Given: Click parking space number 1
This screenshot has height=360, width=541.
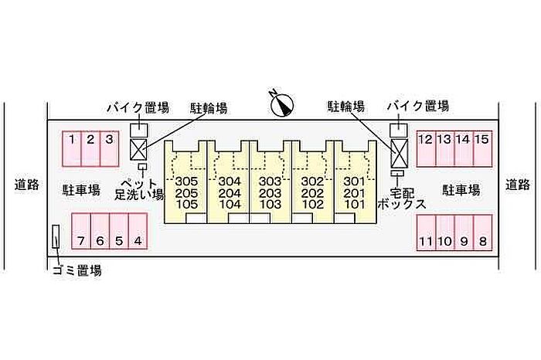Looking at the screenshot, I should (71, 140).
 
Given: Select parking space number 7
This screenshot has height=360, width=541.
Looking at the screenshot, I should (81, 241).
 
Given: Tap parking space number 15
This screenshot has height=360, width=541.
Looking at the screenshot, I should (481, 140).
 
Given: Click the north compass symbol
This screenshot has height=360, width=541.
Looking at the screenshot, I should (282, 103).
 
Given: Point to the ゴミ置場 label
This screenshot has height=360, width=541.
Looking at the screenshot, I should (77, 270).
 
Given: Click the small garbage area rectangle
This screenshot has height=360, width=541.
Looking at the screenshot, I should (56, 238).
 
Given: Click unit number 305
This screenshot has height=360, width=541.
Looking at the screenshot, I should (187, 182).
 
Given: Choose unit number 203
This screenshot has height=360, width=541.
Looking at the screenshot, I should (270, 193).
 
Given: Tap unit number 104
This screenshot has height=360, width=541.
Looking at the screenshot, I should (230, 205).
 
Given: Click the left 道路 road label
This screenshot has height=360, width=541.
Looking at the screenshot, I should (26, 185).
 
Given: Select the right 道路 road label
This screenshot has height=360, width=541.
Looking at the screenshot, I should (518, 185).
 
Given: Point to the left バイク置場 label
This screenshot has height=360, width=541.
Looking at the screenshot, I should (138, 107).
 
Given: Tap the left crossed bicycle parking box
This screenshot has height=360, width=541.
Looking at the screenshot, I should (139, 149).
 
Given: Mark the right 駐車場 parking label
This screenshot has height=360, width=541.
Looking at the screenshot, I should (461, 189).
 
